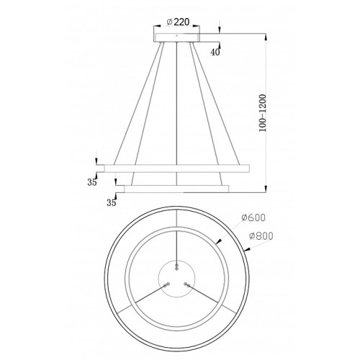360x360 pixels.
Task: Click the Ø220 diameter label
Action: click(178, 22)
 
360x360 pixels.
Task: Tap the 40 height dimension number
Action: click(215, 52)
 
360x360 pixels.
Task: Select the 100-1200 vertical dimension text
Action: click(263, 113)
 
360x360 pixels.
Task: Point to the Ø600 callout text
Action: click(253, 217)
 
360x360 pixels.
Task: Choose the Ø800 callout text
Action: click(261, 236)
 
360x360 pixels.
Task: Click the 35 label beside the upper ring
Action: click(91, 182)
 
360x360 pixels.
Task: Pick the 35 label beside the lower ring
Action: click(112, 203)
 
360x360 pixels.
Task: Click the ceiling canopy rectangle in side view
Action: click(176, 37)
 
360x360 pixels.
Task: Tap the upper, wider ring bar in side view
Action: click(177, 168)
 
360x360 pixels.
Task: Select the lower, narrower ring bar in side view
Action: click(176, 189)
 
